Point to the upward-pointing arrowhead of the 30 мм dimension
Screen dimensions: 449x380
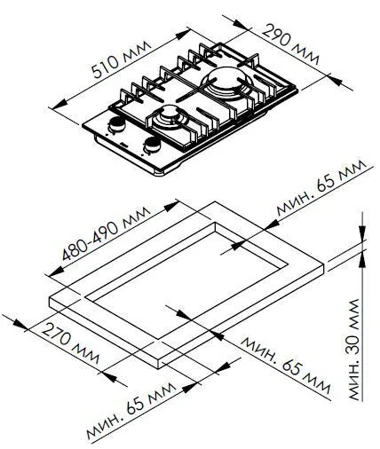pyautogui.click(x=364, y=259)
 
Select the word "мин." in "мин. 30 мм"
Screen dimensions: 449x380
pyautogui.click(x=355, y=381)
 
